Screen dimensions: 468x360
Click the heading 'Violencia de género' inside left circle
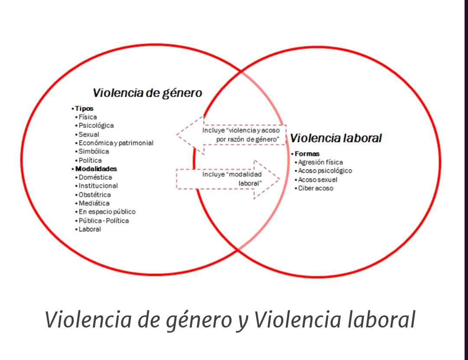(147, 93)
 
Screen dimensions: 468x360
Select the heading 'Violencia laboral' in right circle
(336, 138)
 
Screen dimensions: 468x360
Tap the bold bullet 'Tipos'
(84, 109)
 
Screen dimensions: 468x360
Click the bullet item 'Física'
(88, 117)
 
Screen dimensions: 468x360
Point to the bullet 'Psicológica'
(96, 126)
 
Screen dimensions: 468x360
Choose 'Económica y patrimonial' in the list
(116, 143)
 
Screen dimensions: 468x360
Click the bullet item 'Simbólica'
(94, 151)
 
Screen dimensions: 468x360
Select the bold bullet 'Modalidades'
(96, 169)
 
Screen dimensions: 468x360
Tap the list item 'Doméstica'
(95, 177)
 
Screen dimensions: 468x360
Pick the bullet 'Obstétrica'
(94, 195)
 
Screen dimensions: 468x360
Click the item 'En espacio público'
(107, 212)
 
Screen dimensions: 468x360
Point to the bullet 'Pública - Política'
(104, 221)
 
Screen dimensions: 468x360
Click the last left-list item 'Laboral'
(90, 229)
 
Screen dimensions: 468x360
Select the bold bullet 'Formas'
(307, 154)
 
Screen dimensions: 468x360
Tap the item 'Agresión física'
(320, 162)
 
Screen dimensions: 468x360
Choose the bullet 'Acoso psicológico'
(325, 171)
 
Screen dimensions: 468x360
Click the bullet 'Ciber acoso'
(315, 188)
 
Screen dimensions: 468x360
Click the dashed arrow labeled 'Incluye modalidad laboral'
(228, 179)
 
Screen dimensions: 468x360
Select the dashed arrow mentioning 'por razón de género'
(231, 135)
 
